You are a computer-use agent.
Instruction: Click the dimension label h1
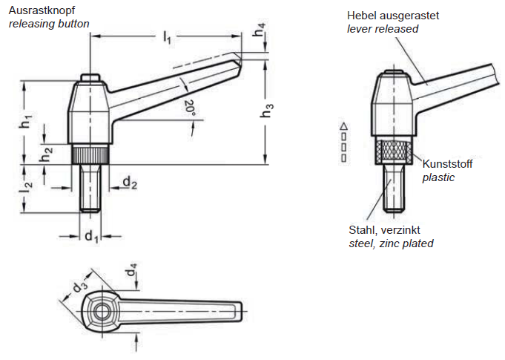click(x=26, y=123)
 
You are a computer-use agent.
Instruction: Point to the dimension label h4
click(x=257, y=33)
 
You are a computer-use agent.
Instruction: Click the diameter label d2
click(x=130, y=182)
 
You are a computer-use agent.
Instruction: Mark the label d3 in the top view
click(x=79, y=284)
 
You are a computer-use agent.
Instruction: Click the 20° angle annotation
click(x=190, y=108)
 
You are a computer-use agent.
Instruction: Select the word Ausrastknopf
click(x=42, y=11)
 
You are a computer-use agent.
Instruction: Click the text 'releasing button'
click(x=49, y=24)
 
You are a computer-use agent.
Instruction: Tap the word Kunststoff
click(x=447, y=164)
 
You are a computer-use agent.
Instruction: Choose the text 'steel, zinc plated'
click(x=391, y=243)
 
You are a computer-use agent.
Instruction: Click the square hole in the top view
click(x=98, y=307)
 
